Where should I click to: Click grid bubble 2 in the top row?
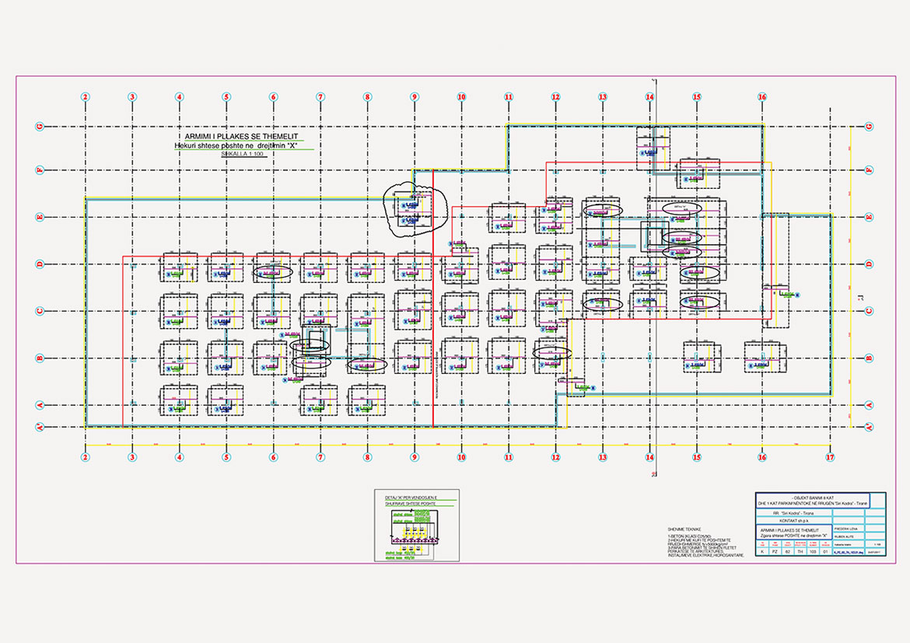(x=86, y=97)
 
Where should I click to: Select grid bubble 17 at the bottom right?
(x=830, y=457)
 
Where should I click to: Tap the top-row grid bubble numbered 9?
(x=415, y=97)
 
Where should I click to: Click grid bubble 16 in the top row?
(x=762, y=97)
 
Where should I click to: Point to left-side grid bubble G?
(x=38, y=126)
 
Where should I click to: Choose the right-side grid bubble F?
(x=869, y=169)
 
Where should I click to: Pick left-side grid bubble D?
(x=38, y=264)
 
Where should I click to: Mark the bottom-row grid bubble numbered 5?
(x=226, y=457)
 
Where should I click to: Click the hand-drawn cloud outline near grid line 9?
(x=417, y=209)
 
